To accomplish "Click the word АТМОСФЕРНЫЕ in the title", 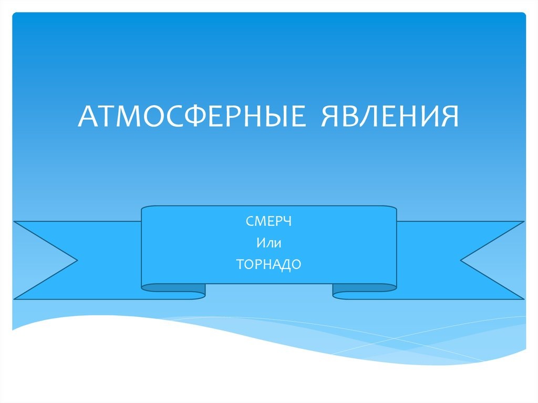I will (192, 117).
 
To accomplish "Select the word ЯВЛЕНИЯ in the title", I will (389, 117).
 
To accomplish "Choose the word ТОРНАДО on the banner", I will (268, 264).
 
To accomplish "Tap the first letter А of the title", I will (88, 117).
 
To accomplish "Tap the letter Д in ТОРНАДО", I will (286, 265).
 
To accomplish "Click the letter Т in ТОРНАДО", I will (240, 264).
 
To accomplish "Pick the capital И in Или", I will (260, 243).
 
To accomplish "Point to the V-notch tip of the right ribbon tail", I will (462, 260).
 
